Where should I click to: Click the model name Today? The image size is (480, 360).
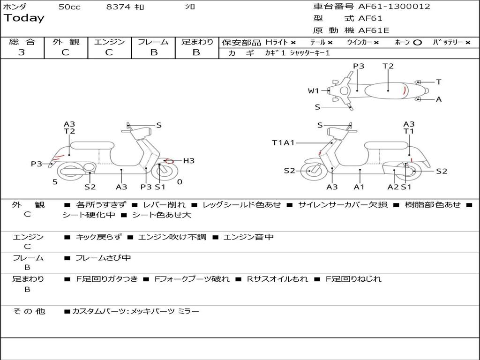coord(24,18)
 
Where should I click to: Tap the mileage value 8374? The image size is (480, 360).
coord(119,7)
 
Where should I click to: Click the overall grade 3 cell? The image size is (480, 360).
coord(22,52)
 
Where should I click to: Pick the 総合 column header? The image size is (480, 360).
coord(22,42)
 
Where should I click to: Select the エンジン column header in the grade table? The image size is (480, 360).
coord(109,42)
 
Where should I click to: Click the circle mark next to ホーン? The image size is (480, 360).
coord(418,43)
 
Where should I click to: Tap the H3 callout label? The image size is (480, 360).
coord(188,161)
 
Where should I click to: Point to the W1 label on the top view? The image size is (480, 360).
coord(313,91)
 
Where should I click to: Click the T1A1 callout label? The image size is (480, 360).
coord(283,142)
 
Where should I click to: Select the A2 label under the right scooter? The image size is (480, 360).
coord(393,187)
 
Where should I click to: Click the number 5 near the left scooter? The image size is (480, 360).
coord(55,182)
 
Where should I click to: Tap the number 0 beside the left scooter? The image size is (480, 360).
coord(180,182)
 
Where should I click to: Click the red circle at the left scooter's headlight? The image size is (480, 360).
coord(169,161)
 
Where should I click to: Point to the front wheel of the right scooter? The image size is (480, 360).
coord(310,171)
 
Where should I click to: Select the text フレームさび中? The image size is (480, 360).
coord(103,258)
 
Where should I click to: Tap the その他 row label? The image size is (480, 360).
coord(29,311)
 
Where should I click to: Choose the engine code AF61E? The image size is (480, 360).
coord(374,30)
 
